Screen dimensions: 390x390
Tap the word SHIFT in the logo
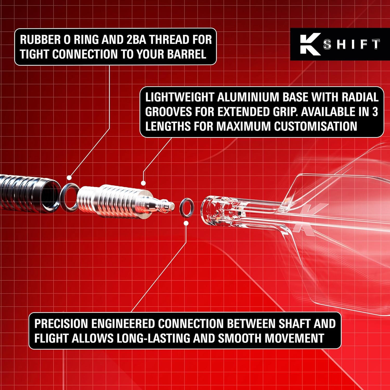(x=352, y=44)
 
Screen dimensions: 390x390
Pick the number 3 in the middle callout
(x=375, y=112)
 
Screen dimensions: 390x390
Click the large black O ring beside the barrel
(x=69, y=197)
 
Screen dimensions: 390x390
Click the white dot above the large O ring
(x=69, y=178)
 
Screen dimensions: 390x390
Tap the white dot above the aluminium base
(x=143, y=183)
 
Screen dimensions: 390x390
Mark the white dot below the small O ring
(x=186, y=223)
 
